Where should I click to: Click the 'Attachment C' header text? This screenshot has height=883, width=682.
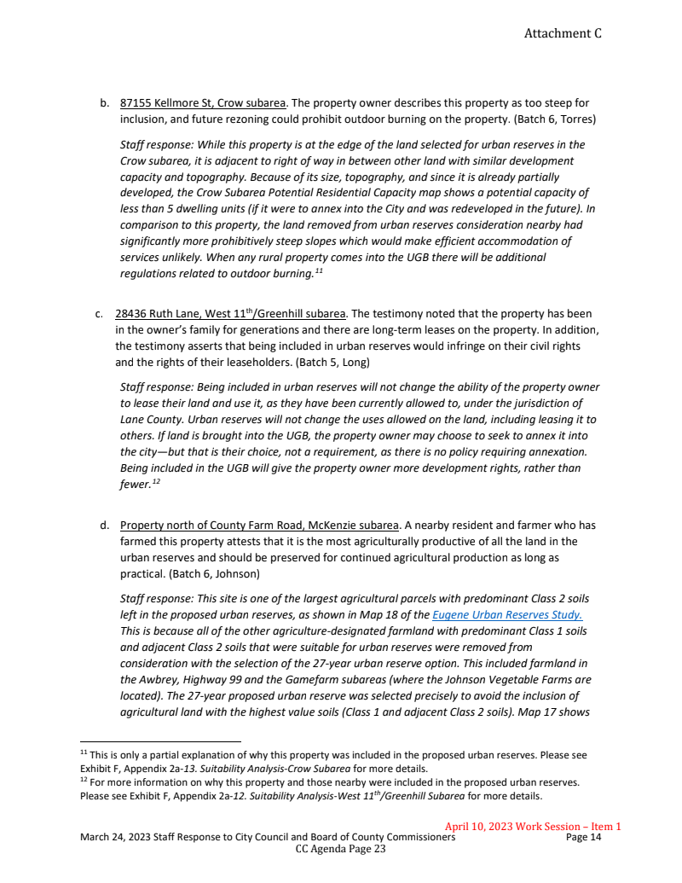pyautogui.click(x=562, y=33)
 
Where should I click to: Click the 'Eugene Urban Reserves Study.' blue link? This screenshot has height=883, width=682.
pyautogui.click(x=507, y=614)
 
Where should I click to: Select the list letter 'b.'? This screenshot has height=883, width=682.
pyautogui.click(x=105, y=103)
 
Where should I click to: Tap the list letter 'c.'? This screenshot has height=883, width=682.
pyautogui.click(x=100, y=314)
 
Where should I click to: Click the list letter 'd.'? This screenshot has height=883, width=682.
pyautogui.click(x=105, y=525)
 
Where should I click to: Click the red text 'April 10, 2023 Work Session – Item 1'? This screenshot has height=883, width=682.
pyautogui.click(x=533, y=826)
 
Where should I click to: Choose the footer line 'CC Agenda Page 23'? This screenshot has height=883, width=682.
pyautogui.click(x=340, y=850)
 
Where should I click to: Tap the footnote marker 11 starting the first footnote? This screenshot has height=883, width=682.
pyautogui.click(x=84, y=752)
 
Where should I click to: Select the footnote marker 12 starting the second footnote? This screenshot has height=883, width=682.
pyautogui.click(x=84, y=780)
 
